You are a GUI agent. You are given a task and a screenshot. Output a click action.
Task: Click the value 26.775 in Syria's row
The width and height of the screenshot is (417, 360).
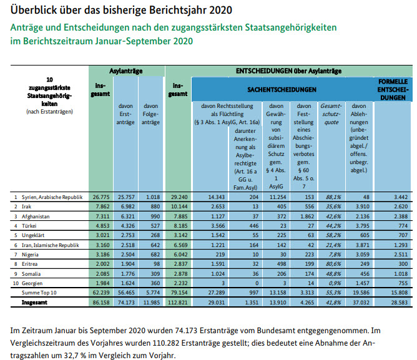pos(101,197)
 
